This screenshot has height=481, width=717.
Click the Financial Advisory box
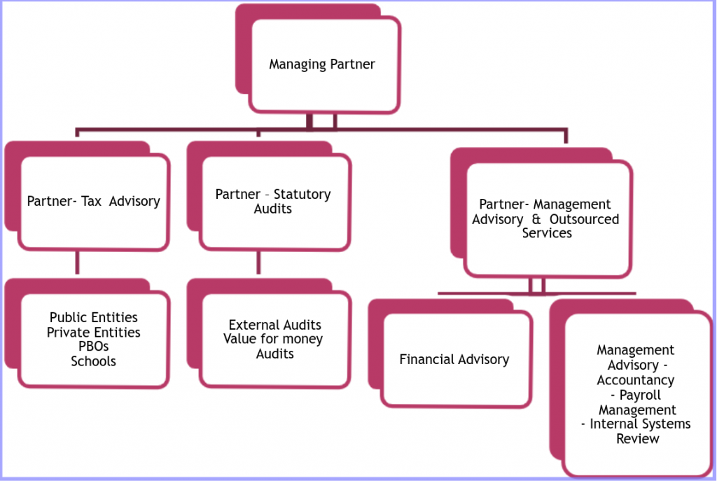coord(454,360)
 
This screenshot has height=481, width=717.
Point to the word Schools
coord(93,362)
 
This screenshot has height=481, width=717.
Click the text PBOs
coord(93,347)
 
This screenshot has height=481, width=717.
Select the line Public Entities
coord(93,318)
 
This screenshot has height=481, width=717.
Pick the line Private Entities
coord(93,333)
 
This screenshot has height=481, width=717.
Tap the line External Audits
coord(274,325)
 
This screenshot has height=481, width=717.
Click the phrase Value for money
coord(273,340)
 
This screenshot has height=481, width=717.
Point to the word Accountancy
coord(636,380)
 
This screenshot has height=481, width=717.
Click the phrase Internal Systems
coord(640,424)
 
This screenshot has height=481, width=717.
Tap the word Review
coord(637,439)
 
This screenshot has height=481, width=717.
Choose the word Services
coord(547,233)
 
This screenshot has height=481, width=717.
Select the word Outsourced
coord(585,219)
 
